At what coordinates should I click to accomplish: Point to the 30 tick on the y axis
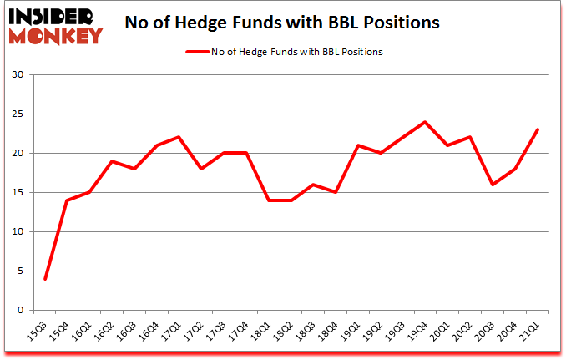[x=18, y=75]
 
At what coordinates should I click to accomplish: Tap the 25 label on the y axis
[x=18, y=114]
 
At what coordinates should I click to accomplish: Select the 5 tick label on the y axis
[x=21, y=271]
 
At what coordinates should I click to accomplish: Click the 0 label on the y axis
[x=21, y=310]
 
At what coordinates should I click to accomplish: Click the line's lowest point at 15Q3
[x=45, y=278]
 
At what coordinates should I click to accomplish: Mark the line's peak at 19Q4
[x=424, y=122]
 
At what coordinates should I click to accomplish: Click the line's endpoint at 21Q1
[x=537, y=129]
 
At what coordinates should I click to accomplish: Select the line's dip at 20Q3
[x=492, y=185]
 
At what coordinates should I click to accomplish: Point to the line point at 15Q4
[x=68, y=200]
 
